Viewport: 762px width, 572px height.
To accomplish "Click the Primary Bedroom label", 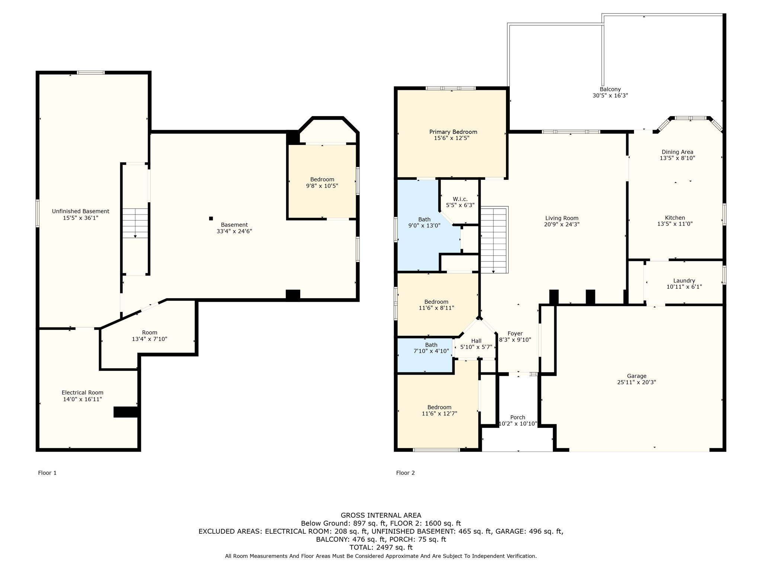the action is coord(453,132).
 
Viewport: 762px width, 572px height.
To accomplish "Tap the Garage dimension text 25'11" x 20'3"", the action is coord(636,382).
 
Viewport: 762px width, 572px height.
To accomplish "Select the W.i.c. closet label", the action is coord(460,199).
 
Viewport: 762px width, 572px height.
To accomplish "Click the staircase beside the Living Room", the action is coord(494,240).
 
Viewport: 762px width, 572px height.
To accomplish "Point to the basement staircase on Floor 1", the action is coord(135,223).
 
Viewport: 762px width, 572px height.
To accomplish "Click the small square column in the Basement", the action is coord(211,219).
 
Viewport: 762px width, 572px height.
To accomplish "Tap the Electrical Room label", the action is coord(83,393).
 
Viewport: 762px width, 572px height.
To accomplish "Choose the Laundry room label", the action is coord(684,281).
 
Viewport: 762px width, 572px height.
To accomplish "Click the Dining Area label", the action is coord(678,152).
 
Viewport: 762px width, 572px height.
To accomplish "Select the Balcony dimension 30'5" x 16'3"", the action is coord(610,95).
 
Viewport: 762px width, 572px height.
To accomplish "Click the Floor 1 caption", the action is coord(47,473).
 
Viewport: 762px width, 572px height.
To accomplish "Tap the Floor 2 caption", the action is coord(406,473).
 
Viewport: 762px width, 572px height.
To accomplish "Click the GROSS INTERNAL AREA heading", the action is coord(381,515).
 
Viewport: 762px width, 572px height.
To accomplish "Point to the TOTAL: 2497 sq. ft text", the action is coord(381,547).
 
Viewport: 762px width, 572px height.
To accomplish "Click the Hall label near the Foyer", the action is coord(476,341).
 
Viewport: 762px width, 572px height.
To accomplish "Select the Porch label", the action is coord(518,417).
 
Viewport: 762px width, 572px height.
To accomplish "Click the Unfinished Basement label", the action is coord(81,211).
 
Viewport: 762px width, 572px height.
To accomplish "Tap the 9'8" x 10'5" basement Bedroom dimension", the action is coord(322,186).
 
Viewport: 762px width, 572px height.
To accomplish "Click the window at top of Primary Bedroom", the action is coord(451,88).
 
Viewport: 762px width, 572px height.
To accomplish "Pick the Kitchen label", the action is coord(675,218).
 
